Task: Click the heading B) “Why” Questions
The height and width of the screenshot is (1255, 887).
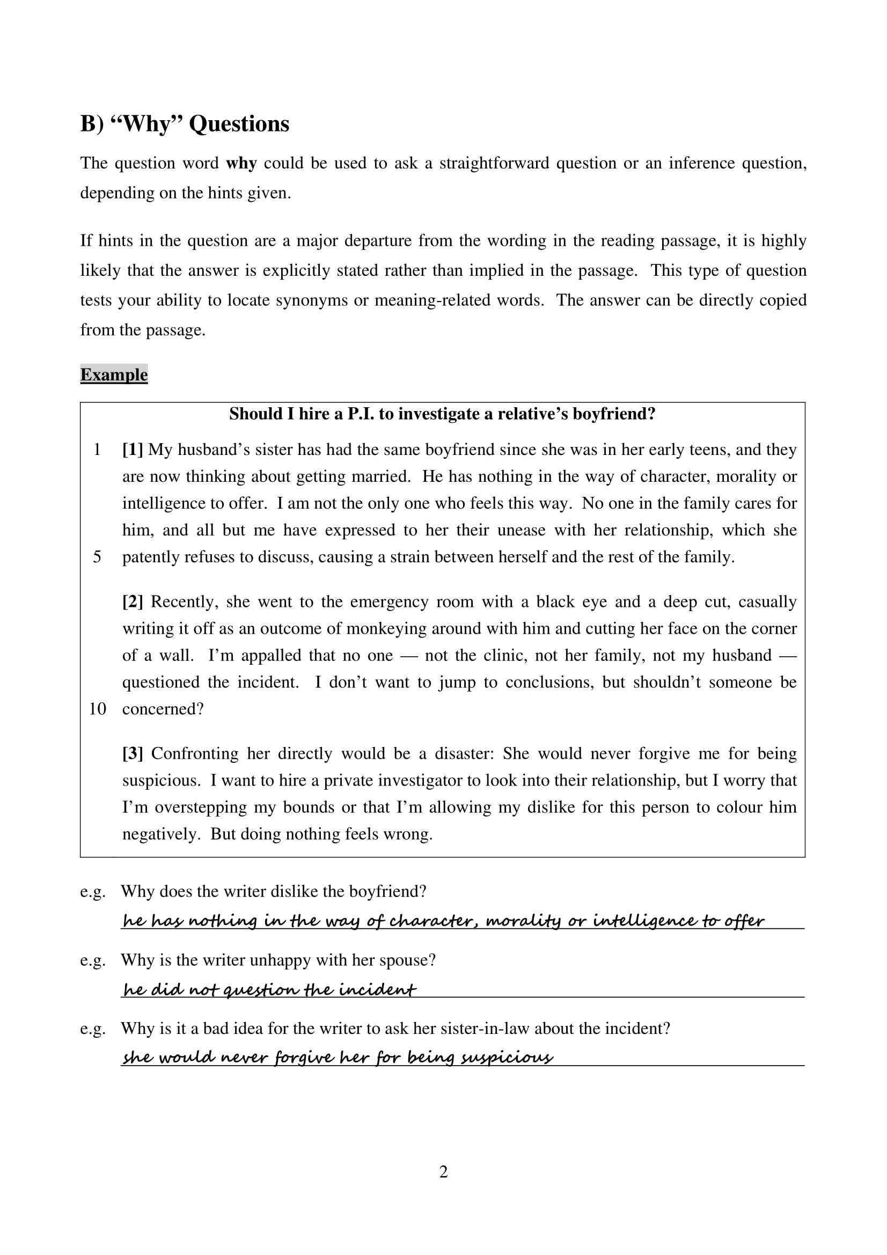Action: (x=185, y=123)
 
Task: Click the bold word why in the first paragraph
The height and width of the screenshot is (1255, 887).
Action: (x=241, y=164)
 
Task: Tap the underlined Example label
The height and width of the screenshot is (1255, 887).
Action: (x=114, y=375)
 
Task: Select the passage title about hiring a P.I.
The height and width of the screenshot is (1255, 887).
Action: (x=442, y=414)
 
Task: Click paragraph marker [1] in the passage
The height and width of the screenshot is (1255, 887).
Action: (x=133, y=450)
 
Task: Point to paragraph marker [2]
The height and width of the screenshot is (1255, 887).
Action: (x=133, y=602)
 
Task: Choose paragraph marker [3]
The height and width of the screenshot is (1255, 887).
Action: (x=133, y=754)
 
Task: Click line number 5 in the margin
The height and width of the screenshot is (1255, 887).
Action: (x=97, y=557)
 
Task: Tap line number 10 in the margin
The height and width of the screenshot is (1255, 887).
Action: (x=97, y=709)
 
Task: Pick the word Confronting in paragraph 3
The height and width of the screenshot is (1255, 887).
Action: (x=195, y=754)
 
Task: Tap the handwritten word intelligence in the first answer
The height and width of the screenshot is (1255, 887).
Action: (x=644, y=922)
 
